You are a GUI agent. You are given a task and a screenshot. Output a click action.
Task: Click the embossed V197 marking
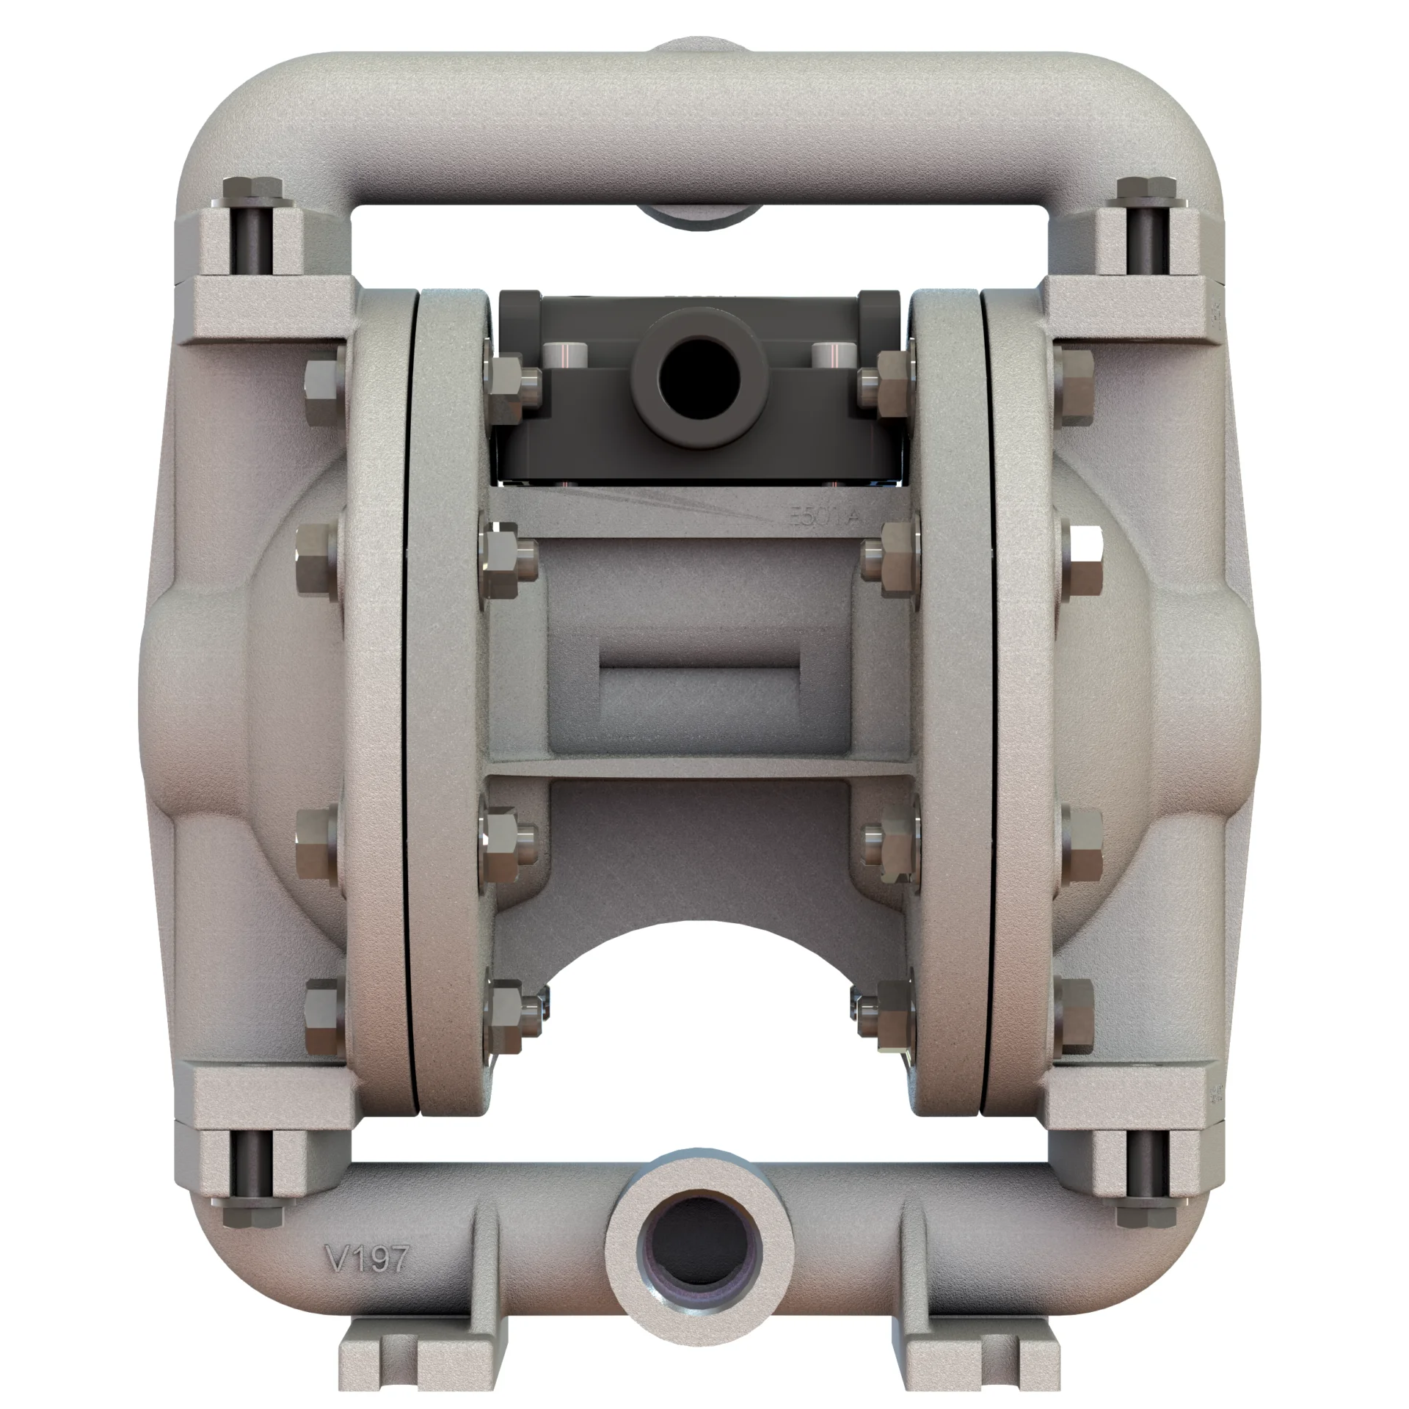tap(365, 1220)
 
